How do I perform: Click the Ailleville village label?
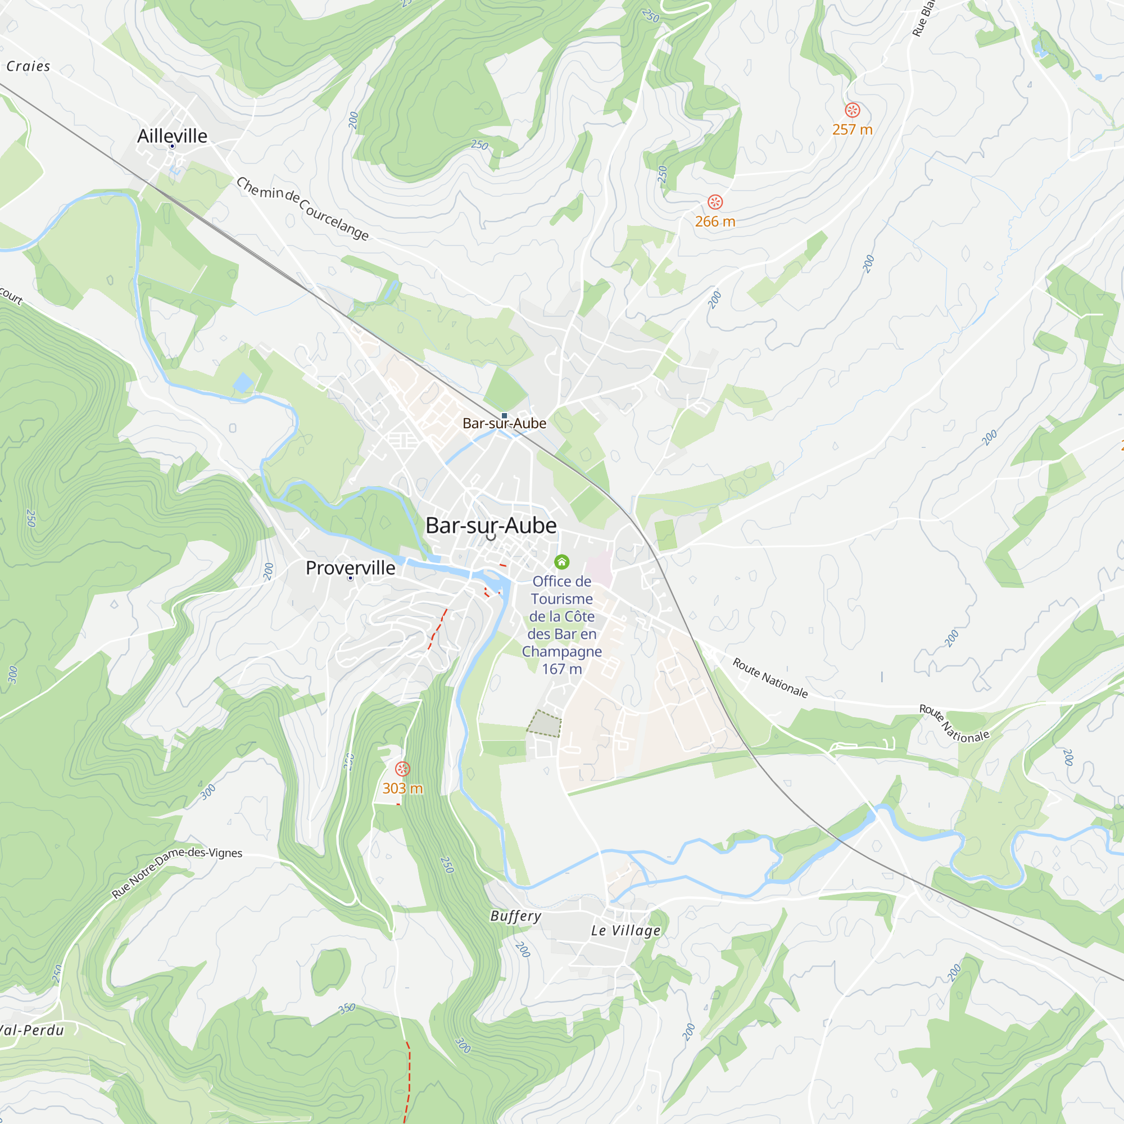[172, 135]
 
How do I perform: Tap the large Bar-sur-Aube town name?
[491, 525]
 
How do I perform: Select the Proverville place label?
[350, 568]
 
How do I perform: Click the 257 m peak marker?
[853, 110]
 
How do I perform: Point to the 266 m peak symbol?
[715, 202]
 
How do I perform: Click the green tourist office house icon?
[561, 561]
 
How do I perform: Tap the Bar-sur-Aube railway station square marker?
[505, 415]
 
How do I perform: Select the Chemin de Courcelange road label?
[302, 209]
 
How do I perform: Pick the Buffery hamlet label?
[515, 915]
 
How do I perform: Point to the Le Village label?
[626, 930]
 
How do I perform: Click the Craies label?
[28, 66]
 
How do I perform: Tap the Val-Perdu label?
[32, 1030]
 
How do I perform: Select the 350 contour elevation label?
[347, 1008]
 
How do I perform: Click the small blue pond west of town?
[243, 382]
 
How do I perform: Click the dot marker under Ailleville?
[172, 147]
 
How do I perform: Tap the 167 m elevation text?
[561, 669]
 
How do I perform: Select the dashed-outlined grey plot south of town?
[544, 723]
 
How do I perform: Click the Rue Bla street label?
[923, 19]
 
